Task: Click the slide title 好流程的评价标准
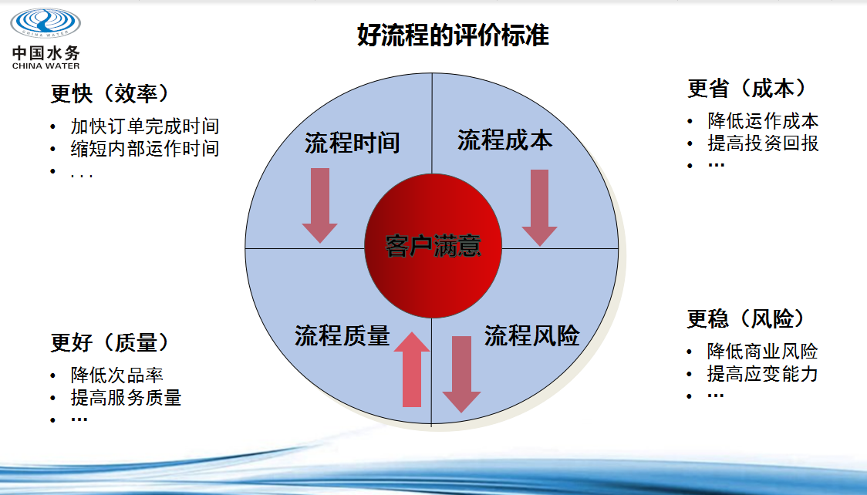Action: (x=453, y=35)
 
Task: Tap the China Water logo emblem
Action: (x=46, y=22)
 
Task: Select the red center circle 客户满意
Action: (x=433, y=246)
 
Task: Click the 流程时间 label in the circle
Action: (x=353, y=143)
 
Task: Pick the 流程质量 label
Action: (x=342, y=335)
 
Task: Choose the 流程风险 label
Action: (x=532, y=335)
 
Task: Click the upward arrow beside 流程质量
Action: (x=412, y=369)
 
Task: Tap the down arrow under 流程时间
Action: (x=319, y=206)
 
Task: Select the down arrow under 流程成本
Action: (x=540, y=207)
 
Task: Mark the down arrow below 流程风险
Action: (x=462, y=375)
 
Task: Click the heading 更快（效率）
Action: (x=110, y=93)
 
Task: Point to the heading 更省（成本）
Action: (x=747, y=89)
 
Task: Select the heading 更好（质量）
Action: (x=110, y=342)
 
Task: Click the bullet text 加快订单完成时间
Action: (x=145, y=126)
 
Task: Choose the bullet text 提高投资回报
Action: (x=763, y=143)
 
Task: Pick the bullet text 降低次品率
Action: (x=116, y=375)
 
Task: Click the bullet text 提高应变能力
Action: (x=763, y=373)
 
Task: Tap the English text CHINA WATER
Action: (x=46, y=66)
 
